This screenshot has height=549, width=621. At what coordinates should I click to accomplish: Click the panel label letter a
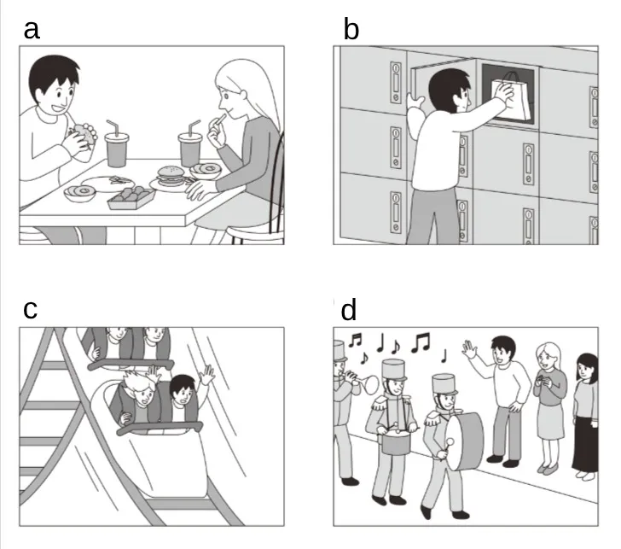[x=32, y=30]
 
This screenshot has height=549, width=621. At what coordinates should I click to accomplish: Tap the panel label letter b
[x=351, y=29]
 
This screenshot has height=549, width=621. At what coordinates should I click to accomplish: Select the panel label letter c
[x=31, y=310]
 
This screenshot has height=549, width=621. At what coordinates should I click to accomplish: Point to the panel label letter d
[x=349, y=310]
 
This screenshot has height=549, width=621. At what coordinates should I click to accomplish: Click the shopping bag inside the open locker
[x=510, y=97]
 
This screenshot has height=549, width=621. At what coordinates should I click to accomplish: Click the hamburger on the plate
[x=171, y=176]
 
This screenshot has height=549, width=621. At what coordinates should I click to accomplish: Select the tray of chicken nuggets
[x=131, y=197]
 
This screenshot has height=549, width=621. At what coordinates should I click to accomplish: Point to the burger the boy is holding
[x=84, y=134]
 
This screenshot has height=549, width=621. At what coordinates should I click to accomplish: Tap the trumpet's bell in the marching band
[x=370, y=384]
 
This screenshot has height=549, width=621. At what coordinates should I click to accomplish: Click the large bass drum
[x=465, y=441]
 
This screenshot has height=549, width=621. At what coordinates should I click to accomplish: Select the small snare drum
[x=395, y=440]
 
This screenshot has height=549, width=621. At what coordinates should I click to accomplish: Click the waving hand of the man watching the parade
[x=470, y=349]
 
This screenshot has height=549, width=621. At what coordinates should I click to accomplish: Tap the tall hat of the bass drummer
[x=444, y=384]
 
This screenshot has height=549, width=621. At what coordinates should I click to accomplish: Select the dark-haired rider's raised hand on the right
[x=206, y=375]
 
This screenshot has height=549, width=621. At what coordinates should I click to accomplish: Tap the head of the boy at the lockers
[x=450, y=91]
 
